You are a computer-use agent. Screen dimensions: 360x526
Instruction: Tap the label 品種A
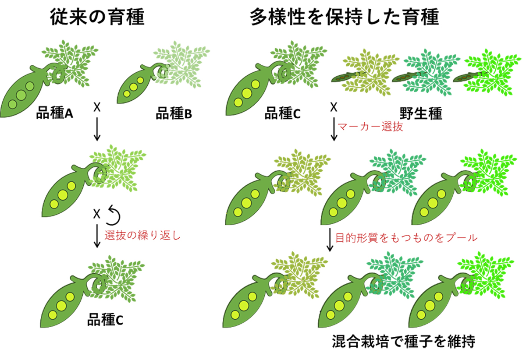(54, 114)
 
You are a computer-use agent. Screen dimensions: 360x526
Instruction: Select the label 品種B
(174, 114)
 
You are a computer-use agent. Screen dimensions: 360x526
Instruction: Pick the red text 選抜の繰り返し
(142, 235)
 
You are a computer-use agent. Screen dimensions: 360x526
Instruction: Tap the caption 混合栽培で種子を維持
(404, 341)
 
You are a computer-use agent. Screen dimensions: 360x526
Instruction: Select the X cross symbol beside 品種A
(97, 106)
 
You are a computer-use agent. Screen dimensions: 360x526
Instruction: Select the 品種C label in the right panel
(282, 114)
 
